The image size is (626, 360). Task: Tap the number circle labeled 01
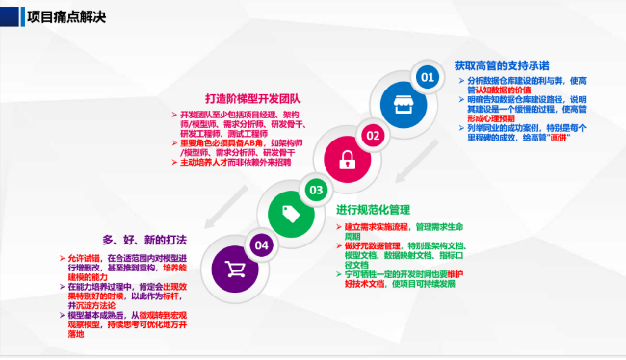click(426, 75)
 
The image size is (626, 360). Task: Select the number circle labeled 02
click(372, 134)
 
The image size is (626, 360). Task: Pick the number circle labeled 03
click(315, 190)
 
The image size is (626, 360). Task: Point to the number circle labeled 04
click(261, 245)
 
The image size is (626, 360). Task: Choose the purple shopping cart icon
click(232, 268)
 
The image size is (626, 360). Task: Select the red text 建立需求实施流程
click(378, 227)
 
